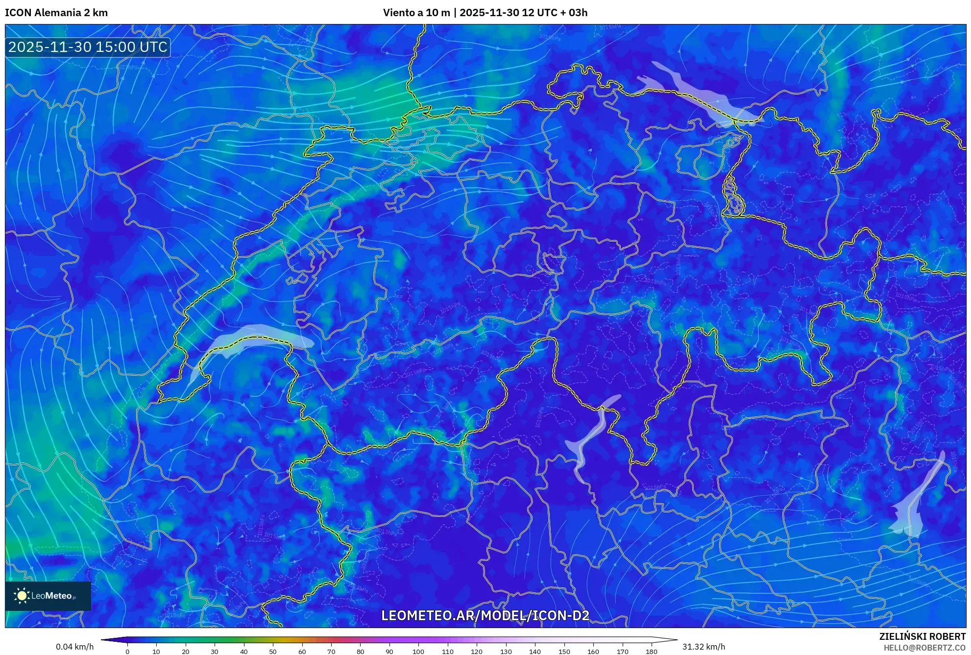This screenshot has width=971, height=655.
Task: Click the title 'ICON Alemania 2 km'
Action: [56, 13]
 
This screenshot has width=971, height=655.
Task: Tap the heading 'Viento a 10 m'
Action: [416, 13]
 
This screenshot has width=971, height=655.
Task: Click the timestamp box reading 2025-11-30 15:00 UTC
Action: [88, 47]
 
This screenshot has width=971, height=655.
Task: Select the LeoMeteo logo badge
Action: [48, 596]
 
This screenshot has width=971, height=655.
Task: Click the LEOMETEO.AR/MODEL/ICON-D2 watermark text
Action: [485, 615]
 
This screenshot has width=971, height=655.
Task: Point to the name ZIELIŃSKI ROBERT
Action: [922, 636]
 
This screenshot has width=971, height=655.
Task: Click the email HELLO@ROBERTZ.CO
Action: [924, 648]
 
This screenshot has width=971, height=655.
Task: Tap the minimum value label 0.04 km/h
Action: [74, 647]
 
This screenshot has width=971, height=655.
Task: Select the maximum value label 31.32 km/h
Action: [704, 647]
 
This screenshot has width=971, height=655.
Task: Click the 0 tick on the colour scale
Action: [127, 652]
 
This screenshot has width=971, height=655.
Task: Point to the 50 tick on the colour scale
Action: [273, 652]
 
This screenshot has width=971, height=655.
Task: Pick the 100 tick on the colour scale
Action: [418, 652]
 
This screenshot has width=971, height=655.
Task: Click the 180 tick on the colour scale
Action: [651, 652]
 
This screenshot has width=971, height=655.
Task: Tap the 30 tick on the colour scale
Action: [215, 652]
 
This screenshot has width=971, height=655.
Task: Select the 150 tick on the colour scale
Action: [564, 652]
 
